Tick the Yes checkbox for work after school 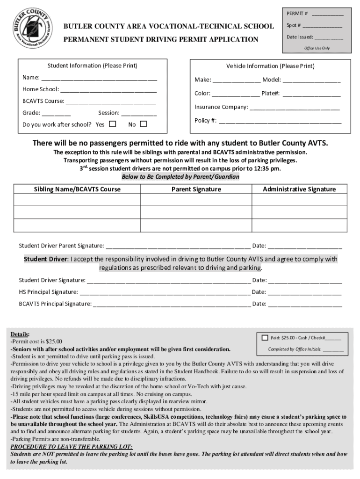pyautogui.click(x=112, y=124)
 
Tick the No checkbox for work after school pyautogui.click(x=143, y=124)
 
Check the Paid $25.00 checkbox pyautogui.click(x=265, y=337)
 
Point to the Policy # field pyautogui.click(x=280, y=122)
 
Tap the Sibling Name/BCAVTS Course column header pyautogui.click(x=77, y=189)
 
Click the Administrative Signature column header pyautogui.click(x=299, y=189)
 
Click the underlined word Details pyautogui.click(x=20, y=334)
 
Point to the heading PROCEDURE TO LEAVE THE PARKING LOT pyautogui.click(x=71, y=447)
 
